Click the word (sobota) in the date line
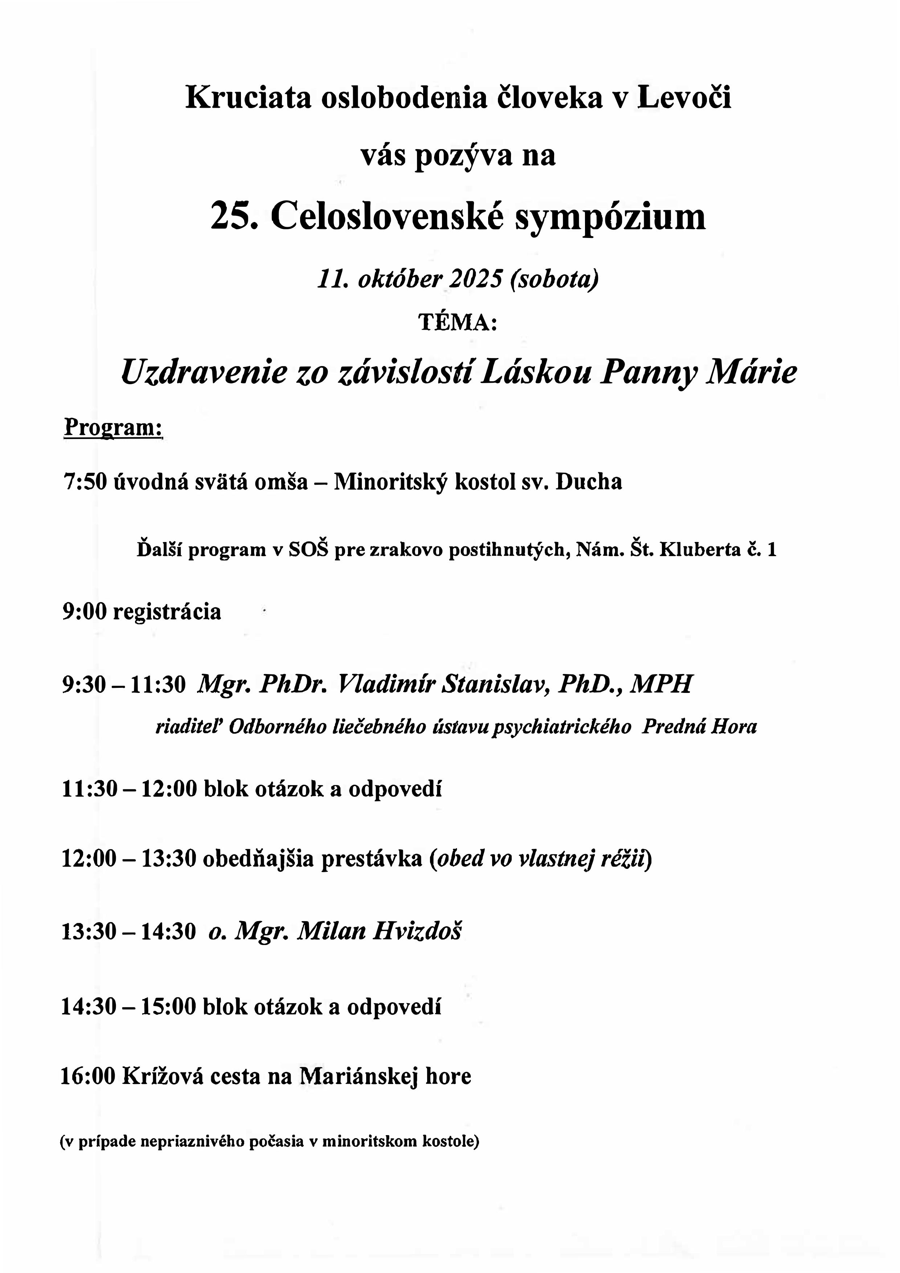555,279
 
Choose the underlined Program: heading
113,427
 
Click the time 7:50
84,482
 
